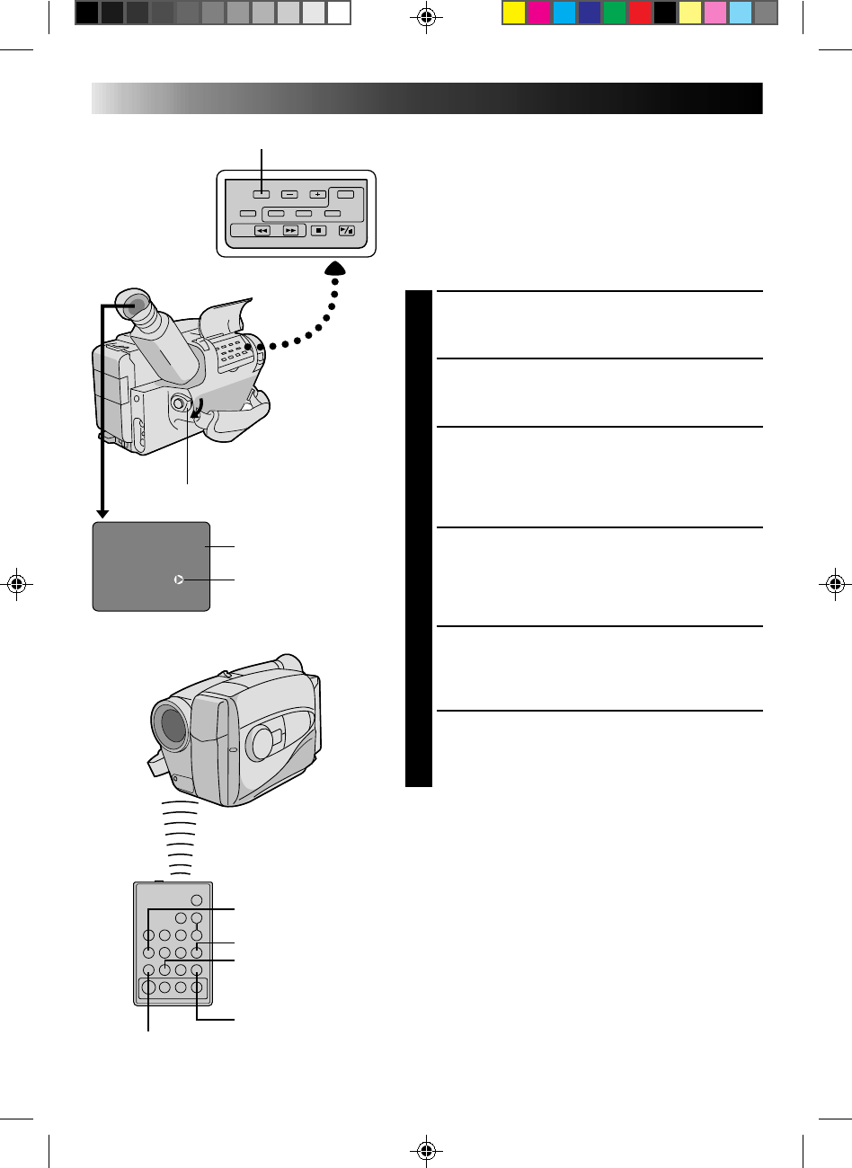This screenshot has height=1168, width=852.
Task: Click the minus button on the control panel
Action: (288, 194)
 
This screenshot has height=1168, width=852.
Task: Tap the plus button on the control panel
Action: (317, 194)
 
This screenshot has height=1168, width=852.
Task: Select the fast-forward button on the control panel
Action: (290, 231)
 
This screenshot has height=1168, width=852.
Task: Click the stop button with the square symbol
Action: (318, 231)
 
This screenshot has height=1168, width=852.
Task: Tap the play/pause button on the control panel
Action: (347, 231)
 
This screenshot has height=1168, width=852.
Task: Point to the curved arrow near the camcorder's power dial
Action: (198, 408)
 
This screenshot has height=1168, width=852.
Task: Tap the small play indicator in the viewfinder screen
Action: (179, 580)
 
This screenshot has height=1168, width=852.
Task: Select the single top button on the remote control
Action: (196, 900)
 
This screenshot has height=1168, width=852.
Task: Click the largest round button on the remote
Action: (147, 987)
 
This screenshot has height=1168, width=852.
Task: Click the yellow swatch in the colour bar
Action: (513, 13)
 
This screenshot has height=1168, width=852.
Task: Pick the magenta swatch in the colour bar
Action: (538, 13)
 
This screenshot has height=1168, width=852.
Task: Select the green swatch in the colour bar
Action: (615, 13)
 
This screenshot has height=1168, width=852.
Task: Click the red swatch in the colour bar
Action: (640, 13)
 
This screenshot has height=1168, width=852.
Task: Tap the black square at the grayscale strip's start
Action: (86, 13)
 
